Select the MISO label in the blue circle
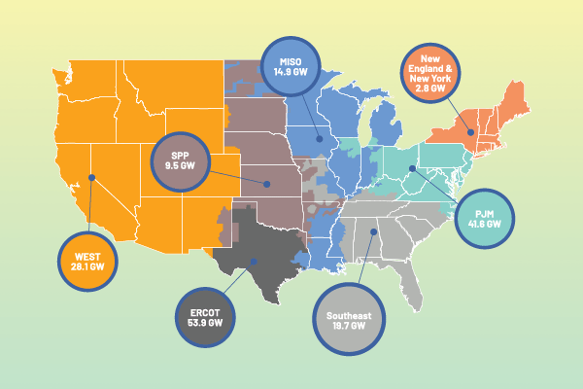coord(291,57)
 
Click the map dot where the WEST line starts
coord(91,177)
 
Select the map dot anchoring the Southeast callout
coord(374,231)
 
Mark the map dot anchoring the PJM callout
coord(412,168)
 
